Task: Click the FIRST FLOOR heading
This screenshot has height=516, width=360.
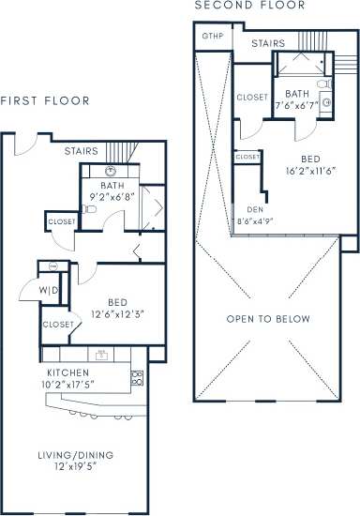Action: [x=45, y=100]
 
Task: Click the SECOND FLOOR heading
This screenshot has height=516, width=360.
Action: [x=249, y=6]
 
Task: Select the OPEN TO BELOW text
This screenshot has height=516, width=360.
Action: [x=267, y=319]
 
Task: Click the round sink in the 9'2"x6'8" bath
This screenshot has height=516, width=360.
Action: [x=110, y=173]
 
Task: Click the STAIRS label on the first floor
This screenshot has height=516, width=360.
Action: [x=82, y=150]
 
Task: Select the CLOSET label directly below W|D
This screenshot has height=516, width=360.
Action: [x=58, y=324]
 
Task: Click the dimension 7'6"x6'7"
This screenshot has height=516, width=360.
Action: [x=297, y=106]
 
